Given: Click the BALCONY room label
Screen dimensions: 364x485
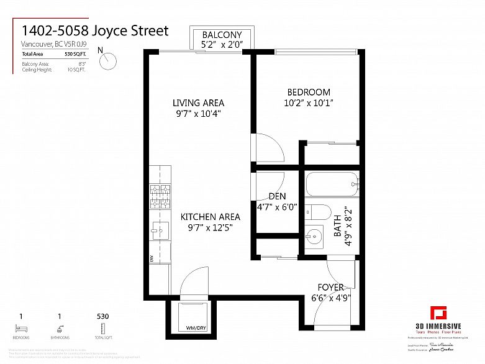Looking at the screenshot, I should click(x=222, y=35).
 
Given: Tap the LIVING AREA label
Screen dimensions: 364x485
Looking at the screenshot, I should click(x=198, y=103).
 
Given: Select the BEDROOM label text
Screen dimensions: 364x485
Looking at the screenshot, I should click(x=309, y=93).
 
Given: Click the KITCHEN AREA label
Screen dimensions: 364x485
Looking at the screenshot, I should click(x=211, y=217).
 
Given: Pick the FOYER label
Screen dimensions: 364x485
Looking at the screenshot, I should click(x=331, y=287).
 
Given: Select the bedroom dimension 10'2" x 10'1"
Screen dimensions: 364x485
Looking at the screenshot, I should click(x=309, y=104).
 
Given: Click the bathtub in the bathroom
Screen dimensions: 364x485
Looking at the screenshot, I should click(x=332, y=184).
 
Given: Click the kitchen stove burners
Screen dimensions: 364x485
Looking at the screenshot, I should click(x=160, y=197).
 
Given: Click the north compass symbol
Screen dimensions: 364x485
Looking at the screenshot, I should click(x=109, y=60).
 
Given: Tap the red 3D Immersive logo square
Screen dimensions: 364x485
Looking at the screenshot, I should click(x=438, y=312).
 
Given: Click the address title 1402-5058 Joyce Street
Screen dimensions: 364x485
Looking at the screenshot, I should click(x=95, y=30).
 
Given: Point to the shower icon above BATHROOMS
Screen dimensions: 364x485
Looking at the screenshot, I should click(x=60, y=328).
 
